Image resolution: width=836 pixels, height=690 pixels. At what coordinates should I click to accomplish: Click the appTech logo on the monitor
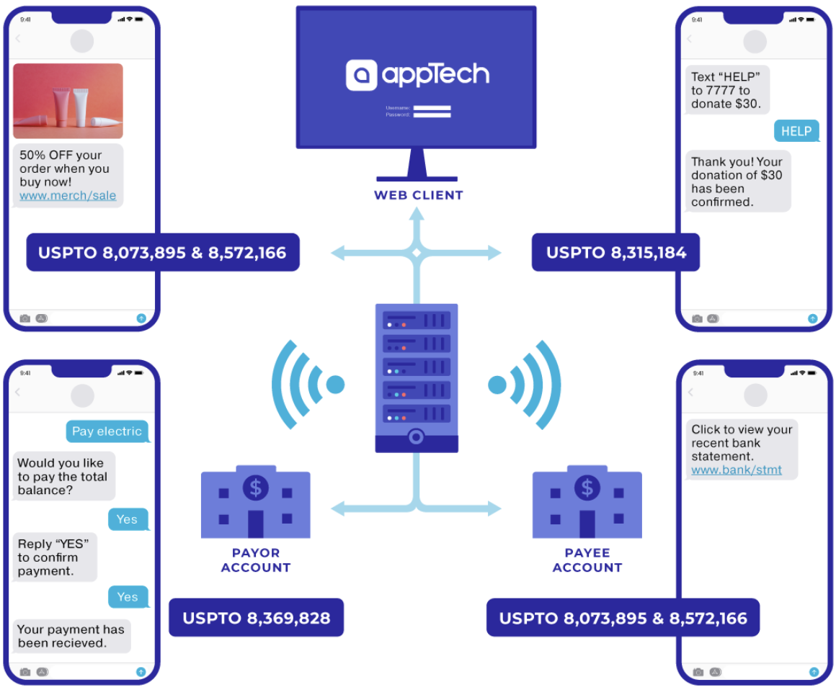pos(417,74)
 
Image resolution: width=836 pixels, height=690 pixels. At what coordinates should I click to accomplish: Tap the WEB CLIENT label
pos(418,195)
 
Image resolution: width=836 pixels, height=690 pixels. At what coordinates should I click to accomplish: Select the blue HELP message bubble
pos(796,131)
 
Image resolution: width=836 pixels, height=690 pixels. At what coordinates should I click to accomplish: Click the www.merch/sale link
pos(68,196)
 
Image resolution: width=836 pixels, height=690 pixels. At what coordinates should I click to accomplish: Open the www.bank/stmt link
pos(737,470)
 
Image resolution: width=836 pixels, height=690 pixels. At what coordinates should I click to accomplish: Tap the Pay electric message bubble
pos(107,431)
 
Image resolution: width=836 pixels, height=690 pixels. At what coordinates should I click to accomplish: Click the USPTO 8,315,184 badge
pos(615,252)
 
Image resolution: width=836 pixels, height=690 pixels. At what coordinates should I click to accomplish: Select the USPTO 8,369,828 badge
pos(256,618)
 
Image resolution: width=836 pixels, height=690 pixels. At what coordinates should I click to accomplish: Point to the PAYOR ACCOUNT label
pos(255,560)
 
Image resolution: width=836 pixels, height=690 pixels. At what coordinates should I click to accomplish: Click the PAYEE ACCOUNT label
pos(587,560)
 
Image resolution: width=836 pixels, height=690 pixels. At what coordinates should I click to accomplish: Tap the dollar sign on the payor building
pos(256,488)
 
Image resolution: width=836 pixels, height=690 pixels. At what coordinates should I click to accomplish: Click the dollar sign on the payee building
pos(587,488)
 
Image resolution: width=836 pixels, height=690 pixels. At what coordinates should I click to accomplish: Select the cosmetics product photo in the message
pos(68,101)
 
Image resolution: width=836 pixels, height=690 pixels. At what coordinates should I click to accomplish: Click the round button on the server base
pos(416,436)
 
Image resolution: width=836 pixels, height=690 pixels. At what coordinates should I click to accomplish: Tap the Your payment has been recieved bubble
pos(71,636)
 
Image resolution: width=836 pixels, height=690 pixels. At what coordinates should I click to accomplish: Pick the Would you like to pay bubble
pos(63,477)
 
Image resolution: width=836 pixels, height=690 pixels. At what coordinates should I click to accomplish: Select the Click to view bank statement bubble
pos(741,449)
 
